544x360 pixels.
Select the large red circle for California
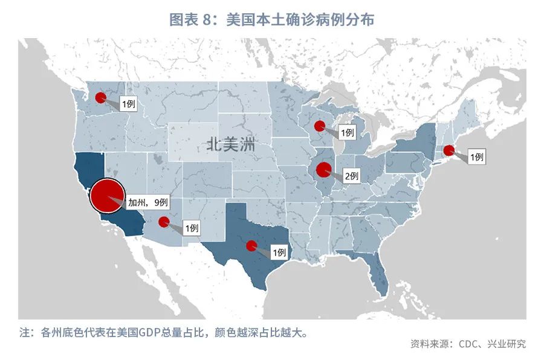[x=108, y=196]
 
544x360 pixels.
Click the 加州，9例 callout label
[x=147, y=202]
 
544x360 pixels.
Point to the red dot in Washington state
[x=101, y=97]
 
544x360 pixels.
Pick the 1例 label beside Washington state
[x=129, y=103]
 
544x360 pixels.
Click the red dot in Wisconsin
[x=319, y=126]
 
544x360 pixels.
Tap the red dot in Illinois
[x=323, y=170]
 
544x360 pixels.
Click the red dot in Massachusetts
[x=448, y=150]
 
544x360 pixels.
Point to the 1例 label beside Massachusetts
[x=476, y=157]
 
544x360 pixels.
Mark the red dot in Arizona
[x=163, y=222]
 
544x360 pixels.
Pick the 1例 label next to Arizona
[x=191, y=228]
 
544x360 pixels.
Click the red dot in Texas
[x=251, y=245]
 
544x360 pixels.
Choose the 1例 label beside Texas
[x=279, y=252]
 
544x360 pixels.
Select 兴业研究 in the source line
[x=509, y=344]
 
